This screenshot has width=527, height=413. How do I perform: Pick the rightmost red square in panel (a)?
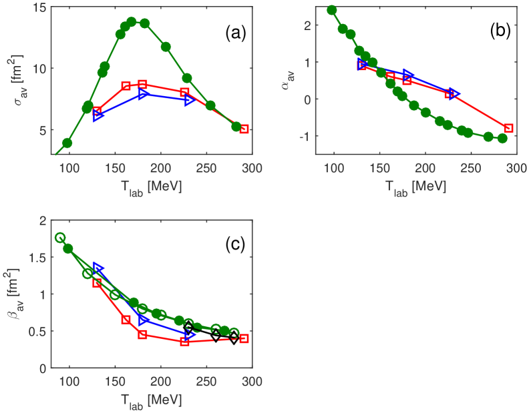tap(244, 129)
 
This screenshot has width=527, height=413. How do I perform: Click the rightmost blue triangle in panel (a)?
tap(190, 100)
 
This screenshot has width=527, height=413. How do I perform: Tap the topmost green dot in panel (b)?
tap(332, 10)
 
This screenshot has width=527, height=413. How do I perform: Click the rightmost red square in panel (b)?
tap(508, 128)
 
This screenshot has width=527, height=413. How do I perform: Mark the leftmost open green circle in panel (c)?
tap(60, 238)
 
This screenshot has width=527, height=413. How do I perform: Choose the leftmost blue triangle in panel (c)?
tap(98, 268)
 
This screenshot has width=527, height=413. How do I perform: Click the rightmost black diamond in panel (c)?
tap(234, 339)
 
